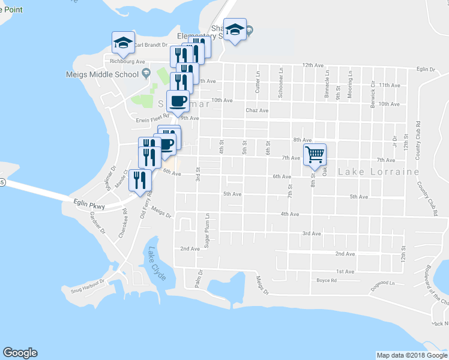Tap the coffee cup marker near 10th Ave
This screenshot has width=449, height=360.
(x=178, y=101)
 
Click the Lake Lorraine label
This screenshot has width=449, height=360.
(x=378, y=172)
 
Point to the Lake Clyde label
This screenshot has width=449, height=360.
(x=157, y=259)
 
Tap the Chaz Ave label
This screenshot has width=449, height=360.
(x=257, y=110)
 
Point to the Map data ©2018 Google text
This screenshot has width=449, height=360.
(x=411, y=355)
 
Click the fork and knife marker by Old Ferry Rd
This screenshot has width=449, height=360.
(x=140, y=181)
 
